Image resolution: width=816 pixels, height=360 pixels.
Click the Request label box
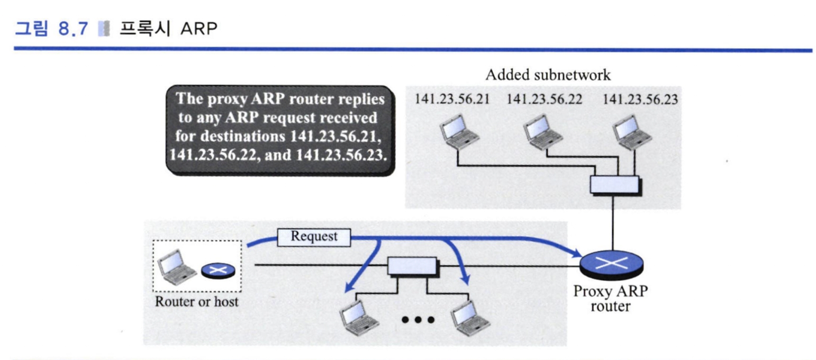tap(314, 237)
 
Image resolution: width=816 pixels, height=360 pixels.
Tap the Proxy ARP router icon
tap(612, 265)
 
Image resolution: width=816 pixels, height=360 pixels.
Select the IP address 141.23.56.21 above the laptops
tap(452, 99)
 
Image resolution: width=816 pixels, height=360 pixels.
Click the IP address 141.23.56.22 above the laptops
tap(544, 99)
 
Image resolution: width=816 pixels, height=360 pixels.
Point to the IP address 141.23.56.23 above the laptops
tap(640, 99)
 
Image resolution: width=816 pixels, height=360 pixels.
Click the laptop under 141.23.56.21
tap(459, 131)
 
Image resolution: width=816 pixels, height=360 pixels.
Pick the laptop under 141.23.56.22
tap(542, 131)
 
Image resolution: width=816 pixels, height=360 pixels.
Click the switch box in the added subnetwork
tap(615, 185)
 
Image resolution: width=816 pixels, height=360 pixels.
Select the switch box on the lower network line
tap(413, 267)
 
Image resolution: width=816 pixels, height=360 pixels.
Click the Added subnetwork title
tap(548, 75)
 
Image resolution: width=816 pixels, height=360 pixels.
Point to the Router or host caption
tap(197, 302)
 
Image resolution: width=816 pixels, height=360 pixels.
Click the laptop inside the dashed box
tap(177, 267)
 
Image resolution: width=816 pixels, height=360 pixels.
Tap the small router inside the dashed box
tap(218, 271)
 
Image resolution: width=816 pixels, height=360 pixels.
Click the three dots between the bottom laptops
tap(418, 320)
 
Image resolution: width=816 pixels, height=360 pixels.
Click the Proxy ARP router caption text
tap(611, 299)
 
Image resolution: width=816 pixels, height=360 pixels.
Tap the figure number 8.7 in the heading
tap(73, 29)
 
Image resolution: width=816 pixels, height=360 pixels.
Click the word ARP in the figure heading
tap(199, 29)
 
